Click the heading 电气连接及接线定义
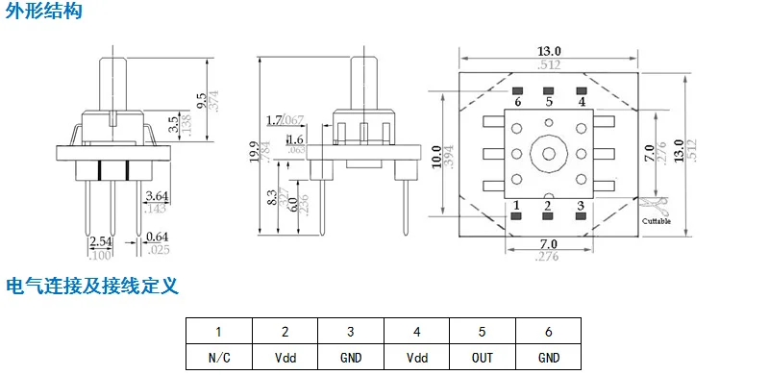[x=92, y=287]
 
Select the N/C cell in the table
[x=218, y=358]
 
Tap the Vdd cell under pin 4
[x=416, y=358]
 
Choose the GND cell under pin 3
[x=350, y=358]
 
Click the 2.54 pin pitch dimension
[x=100, y=242]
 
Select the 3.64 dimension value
[x=156, y=195]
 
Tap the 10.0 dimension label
[x=437, y=156]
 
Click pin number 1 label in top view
[x=517, y=205]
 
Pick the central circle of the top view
[x=549, y=154]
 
